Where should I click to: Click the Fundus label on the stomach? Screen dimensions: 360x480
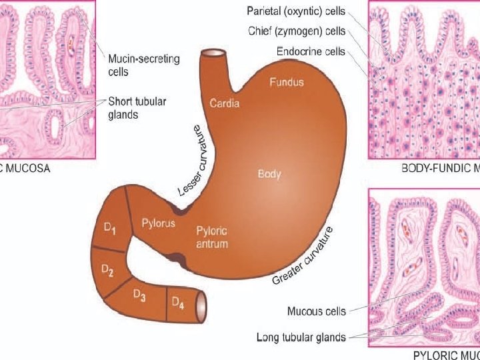(287, 83)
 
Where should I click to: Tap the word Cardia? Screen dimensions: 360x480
(225, 103)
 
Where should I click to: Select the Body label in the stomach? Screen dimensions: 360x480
(269, 175)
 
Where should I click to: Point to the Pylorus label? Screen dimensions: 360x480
(159, 223)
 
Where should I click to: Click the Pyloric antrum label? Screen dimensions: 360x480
(212, 237)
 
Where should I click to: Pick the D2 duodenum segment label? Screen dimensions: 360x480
(107, 270)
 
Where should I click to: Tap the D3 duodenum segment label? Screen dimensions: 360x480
(139, 295)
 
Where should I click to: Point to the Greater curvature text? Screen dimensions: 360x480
(302, 257)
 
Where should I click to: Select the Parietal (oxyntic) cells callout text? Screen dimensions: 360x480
(296, 11)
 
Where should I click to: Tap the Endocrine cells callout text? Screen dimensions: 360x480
(311, 51)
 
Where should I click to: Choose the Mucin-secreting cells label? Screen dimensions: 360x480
(144, 64)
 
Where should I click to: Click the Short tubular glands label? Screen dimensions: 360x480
(137, 108)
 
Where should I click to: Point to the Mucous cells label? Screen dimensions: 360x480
(317, 311)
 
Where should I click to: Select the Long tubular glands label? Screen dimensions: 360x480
(301, 337)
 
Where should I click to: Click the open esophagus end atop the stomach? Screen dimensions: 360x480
(215, 54)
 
